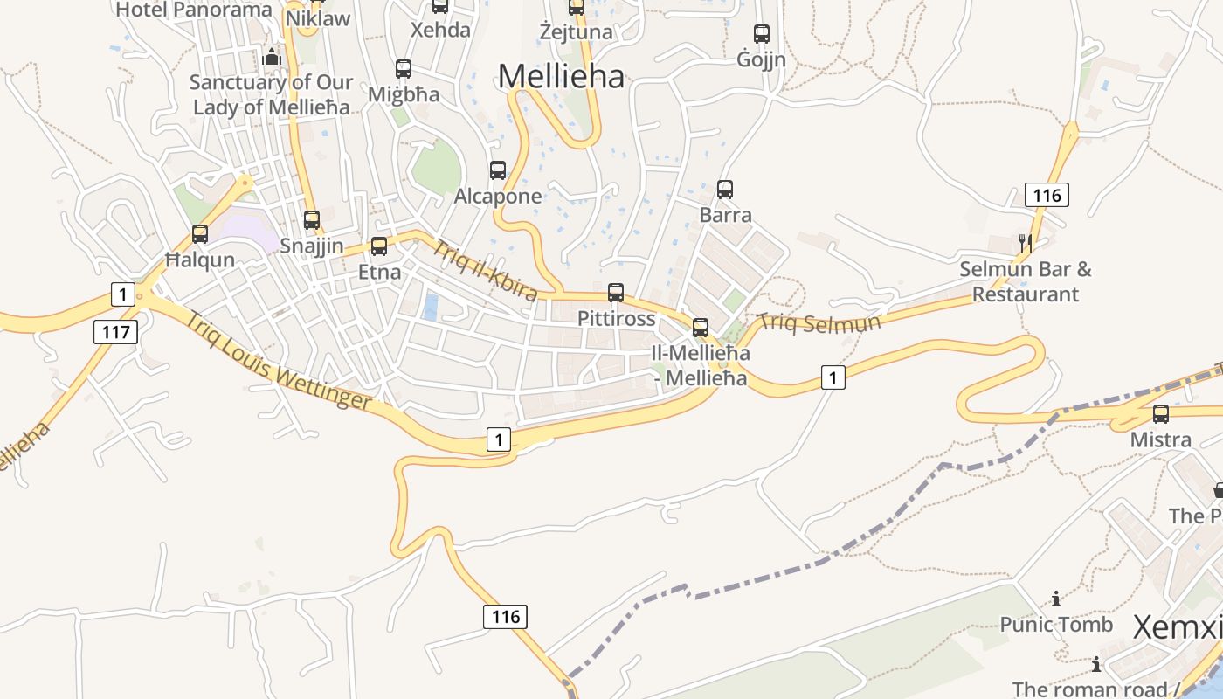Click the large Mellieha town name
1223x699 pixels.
click(x=561, y=77)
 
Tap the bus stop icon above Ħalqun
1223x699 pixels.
click(x=200, y=233)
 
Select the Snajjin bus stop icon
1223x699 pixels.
click(x=312, y=219)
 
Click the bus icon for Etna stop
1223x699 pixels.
click(x=379, y=246)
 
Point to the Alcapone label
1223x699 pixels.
click(x=498, y=197)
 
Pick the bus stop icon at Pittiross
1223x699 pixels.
click(x=616, y=292)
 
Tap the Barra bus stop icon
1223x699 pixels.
click(x=725, y=189)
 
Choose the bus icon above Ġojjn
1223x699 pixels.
click(x=762, y=34)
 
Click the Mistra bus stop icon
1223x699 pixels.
click(x=1161, y=413)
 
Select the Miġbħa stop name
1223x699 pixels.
click(x=403, y=94)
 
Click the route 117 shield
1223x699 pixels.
click(x=115, y=332)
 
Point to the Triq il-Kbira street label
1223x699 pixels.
click(x=485, y=271)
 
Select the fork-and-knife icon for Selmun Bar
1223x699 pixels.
click(x=1026, y=243)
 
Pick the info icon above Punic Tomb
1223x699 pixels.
click(x=1056, y=599)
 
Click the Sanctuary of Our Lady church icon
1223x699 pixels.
click(x=272, y=58)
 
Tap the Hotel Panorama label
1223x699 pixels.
click(x=194, y=10)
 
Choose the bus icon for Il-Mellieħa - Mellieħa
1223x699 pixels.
click(x=701, y=328)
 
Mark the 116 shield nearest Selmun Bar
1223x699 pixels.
click(x=1047, y=195)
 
